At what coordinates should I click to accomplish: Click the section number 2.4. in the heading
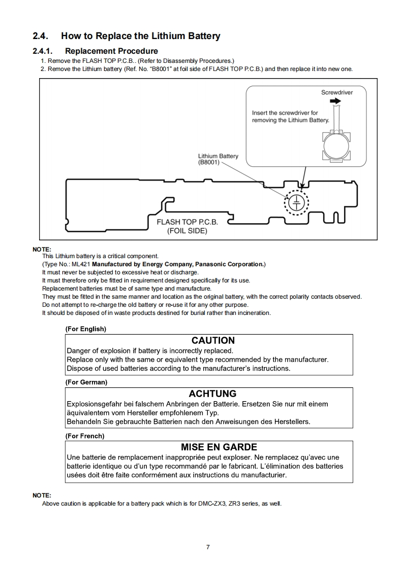pyautogui.click(x=41, y=36)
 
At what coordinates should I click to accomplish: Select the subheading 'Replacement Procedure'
pyautogui.click(x=111, y=51)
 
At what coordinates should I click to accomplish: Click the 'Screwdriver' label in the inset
pyautogui.click(x=336, y=93)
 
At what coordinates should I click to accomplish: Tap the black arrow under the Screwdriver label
pyautogui.click(x=335, y=101)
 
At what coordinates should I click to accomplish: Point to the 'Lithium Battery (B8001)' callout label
pyautogui.click(x=218, y=159)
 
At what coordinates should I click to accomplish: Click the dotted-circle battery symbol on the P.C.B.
pyautogui.click(x=296, y=203)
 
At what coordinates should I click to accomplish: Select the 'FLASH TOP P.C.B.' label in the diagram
pyautogui.click(x=187, y=222)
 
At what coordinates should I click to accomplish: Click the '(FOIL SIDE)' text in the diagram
pyautogui.click(x=187, y=231)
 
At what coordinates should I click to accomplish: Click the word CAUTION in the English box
pyautogui.click(x=213, y=340)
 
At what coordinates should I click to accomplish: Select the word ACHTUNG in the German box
pyautogui.click(x=212, y=394)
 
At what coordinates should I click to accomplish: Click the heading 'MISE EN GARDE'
pyautogui.click(x=219, y=447)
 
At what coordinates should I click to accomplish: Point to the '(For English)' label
pyautogui.click(x=85, y=329)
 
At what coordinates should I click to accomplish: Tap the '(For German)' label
pyautogui.click(x=86, y=382)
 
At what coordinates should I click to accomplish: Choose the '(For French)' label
pyautogui.click(x=84, y=436)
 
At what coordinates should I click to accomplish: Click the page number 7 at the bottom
pyautogui.click(x=208, y=547)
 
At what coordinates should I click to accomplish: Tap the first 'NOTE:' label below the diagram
pyautogui.click(x=42, y=250)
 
